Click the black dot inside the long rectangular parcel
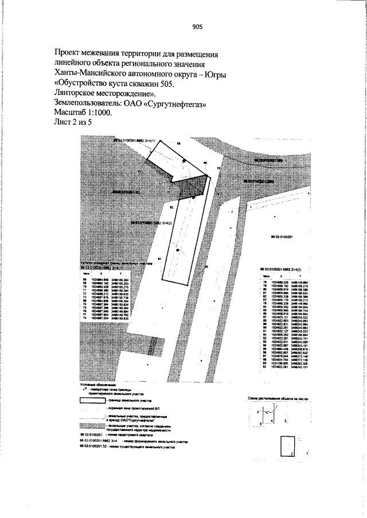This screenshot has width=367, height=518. pyautogui.click(x=178, y=250)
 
